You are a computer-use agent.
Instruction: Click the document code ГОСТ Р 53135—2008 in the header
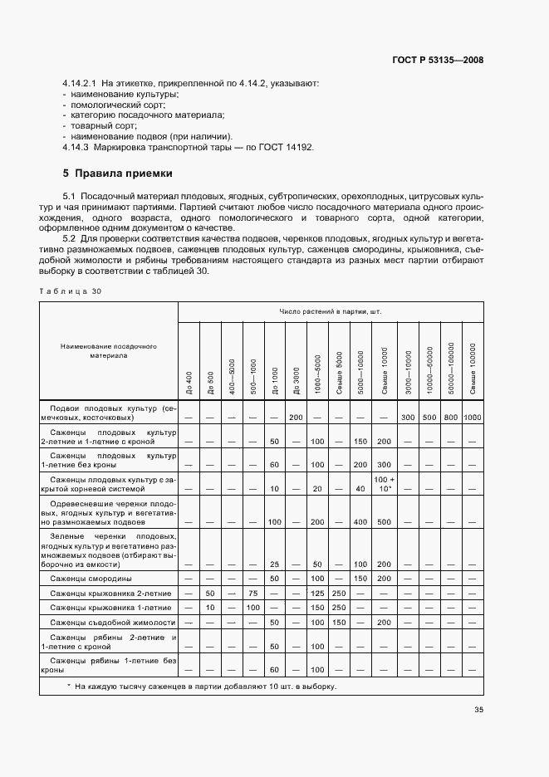[x=438, y=60]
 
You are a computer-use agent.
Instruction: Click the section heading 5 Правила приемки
[x=118, y=174]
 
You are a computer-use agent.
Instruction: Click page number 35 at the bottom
[x=479, y=710]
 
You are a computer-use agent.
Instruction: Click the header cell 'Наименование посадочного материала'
[x=108, y=350]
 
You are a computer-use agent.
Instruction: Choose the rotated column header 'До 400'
[x=189, y=382]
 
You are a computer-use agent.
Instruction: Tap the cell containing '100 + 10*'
[x=383, y=484]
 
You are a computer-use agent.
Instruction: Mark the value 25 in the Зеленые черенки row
[x=274, y=564]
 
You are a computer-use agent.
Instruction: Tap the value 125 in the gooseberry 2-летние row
[x=317, y=594]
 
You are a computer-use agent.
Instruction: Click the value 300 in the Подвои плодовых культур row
[x=408, y=416]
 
